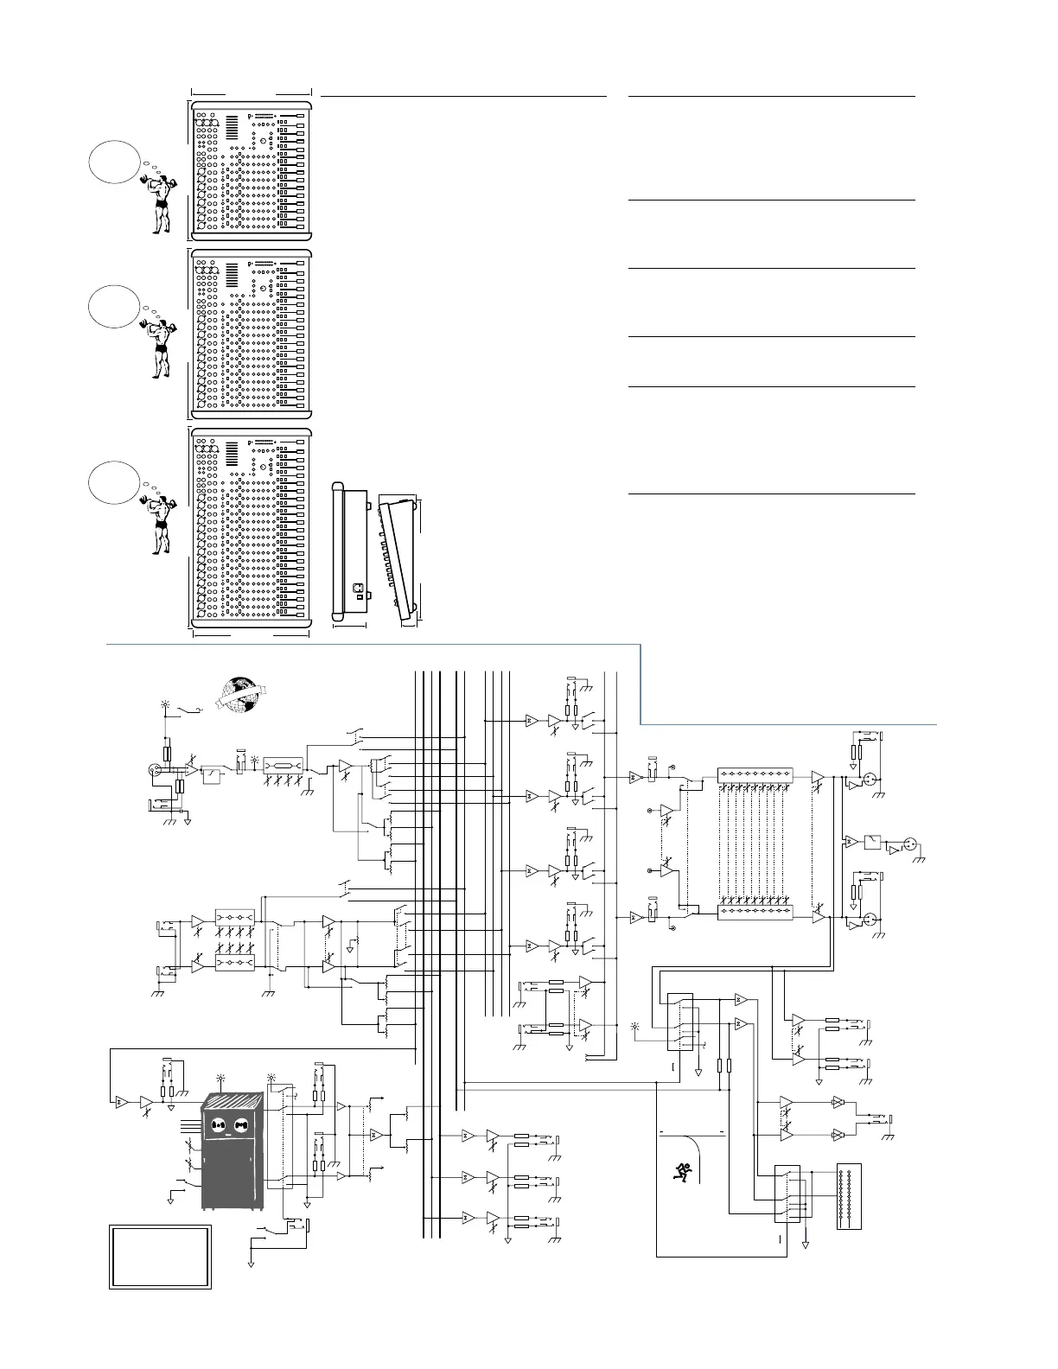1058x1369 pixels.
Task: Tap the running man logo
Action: point(684,1171)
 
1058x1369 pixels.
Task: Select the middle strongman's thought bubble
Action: point(113,304)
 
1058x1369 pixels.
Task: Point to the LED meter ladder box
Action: point(850,1199)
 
